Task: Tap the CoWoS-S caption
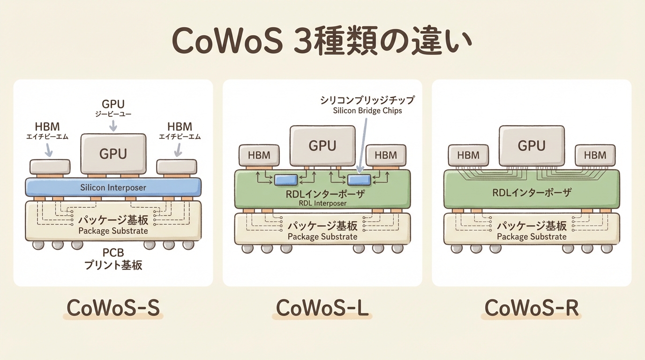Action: (x=113, y=308)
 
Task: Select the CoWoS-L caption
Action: (x=322, y=308)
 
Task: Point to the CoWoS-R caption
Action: (x=532, y=308)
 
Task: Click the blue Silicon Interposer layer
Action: (x=113, y=187)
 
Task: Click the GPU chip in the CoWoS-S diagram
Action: (x=113, y=153)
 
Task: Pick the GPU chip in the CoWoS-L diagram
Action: (x=322, y=145)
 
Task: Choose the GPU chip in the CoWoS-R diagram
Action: (x=532, y=145)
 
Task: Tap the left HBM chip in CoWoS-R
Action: (x=468, y=155)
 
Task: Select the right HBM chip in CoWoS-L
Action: (x=386, y=155)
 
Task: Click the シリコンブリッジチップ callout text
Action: (x=367, y=100)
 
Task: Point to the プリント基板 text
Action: (x=113, y=265)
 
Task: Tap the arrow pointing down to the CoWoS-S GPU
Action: (x=113, y=126)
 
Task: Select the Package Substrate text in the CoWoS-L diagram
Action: (x=322, y=237)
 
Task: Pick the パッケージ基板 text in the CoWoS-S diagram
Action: (x=113, y=220)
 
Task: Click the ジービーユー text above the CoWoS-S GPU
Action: (x=113, y=114)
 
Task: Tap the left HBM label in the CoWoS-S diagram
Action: (x=48, y=127)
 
